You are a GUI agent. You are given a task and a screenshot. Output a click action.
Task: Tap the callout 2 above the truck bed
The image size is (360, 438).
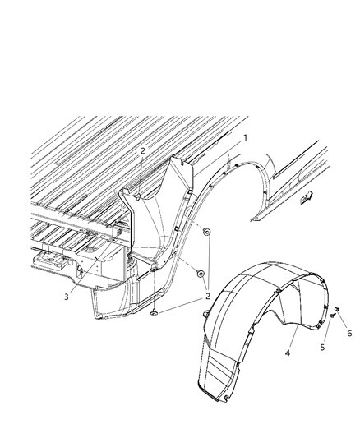(x=142, y=151)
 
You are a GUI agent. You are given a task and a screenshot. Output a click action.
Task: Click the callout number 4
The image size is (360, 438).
(x=287, y=354)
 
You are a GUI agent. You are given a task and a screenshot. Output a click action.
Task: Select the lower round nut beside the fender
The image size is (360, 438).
(x=201, y=272)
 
